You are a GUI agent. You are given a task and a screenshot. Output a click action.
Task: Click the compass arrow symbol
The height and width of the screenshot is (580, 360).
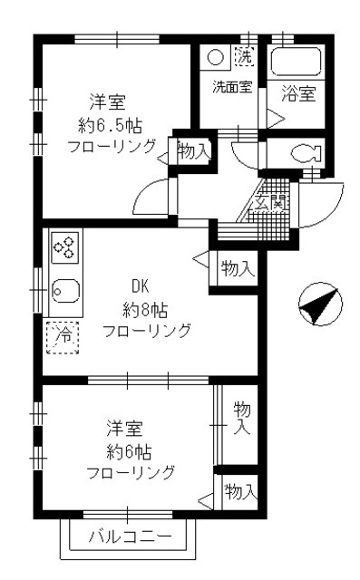pyautogui.click(x=319, y=304)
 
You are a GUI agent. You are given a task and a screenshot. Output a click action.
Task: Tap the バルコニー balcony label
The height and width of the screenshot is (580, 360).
pyautogui.click(x=130, y=537)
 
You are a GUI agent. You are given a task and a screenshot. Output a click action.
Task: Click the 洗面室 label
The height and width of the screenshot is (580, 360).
pyautogui.click(x=230, y=88)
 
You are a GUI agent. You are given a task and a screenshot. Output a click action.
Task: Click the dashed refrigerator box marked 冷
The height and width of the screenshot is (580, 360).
pyautogui.click(x=63, y=335)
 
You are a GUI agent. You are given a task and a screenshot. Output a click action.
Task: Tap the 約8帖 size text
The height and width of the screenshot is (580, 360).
pyautogui.click(x=146, y=308)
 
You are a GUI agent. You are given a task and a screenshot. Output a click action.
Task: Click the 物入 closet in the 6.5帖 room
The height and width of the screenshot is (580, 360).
pyautogui.click(x=193, y=150)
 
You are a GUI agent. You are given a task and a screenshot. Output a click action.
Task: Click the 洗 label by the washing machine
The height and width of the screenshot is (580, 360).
pyautogui.click(x=243, y=56)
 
